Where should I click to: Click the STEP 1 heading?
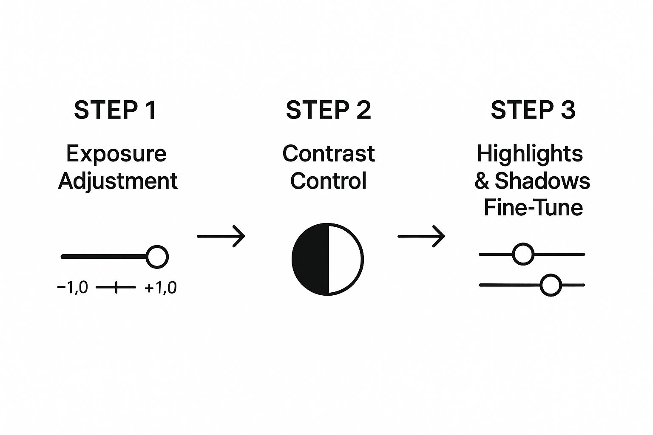116,110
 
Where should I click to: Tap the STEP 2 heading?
329,110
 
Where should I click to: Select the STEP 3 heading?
533,110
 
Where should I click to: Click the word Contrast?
329,153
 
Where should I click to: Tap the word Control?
329,181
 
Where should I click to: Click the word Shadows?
542,181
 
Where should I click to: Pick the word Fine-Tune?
534,207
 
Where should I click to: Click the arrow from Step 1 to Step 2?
221,236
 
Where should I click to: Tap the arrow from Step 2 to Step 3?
421,236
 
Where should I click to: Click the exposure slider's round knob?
157,257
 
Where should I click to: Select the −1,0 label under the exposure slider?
73,288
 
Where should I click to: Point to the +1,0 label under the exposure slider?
161,288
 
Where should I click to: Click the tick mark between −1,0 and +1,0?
116,288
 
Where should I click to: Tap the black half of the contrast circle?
310,259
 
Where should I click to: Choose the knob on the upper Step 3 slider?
523,254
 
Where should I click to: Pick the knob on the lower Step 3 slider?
551,285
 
